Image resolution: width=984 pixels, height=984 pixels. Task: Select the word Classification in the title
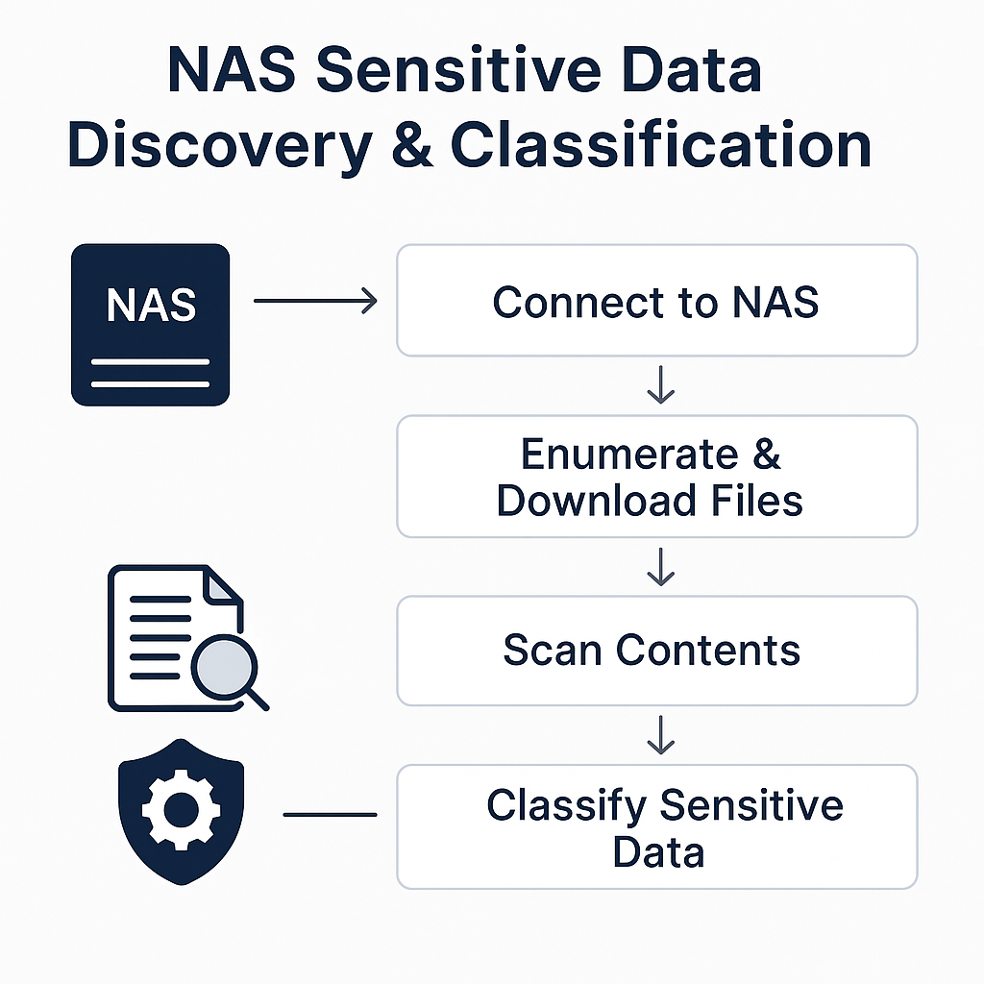point(661,146)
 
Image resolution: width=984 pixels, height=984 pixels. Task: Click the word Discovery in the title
point(220,146)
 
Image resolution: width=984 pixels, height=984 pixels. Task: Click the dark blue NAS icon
point(151,324)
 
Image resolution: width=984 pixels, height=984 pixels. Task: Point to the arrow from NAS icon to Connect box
point(315,302)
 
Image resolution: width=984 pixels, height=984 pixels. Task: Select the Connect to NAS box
point(656,301)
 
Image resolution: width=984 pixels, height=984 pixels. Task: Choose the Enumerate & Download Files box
point(656,477)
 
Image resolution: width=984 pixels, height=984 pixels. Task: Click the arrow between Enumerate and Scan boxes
point(660,567)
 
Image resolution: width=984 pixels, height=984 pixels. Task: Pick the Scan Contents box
point(656,651)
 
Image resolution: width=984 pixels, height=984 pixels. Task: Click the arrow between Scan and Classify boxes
point(660,735)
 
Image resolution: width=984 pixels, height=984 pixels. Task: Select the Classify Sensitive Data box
point(656,826)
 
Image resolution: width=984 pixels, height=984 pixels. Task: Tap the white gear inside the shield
point(181,809)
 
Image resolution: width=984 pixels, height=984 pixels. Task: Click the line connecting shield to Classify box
point(330,815)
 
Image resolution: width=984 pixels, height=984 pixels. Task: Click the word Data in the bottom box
point(658,852)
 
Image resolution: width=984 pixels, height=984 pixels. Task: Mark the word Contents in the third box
point(708,651)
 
